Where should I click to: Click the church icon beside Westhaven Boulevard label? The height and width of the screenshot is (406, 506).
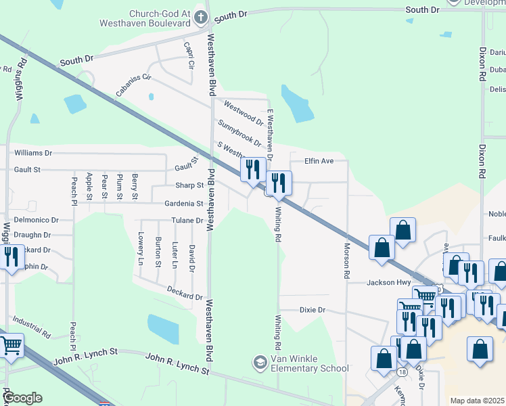200,16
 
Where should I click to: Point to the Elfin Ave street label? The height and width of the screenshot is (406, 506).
319,161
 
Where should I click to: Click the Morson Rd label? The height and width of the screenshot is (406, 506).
346,261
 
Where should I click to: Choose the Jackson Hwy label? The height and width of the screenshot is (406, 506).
389,283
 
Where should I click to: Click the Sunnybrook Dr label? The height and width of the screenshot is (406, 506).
239,133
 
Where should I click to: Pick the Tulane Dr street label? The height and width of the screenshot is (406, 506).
187,221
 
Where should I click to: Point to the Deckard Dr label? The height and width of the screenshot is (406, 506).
185,292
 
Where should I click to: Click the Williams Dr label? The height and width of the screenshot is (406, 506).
32,153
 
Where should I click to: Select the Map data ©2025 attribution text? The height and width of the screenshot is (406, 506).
477,401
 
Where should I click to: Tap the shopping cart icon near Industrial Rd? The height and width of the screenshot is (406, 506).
11,346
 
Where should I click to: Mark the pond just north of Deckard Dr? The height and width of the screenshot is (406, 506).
163,329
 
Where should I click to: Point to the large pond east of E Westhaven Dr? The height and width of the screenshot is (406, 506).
298,104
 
